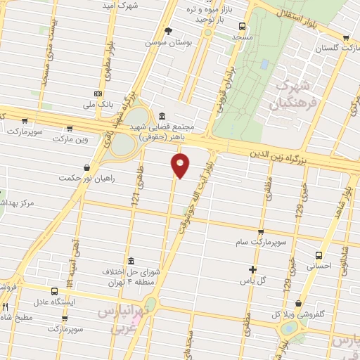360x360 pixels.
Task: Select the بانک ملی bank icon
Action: [98, 94]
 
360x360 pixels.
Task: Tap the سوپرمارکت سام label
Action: [260, 243]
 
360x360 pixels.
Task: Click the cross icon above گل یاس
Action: [253, 269]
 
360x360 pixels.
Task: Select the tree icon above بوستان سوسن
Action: [168, 30]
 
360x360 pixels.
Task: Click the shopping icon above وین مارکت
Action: [69, 128]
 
